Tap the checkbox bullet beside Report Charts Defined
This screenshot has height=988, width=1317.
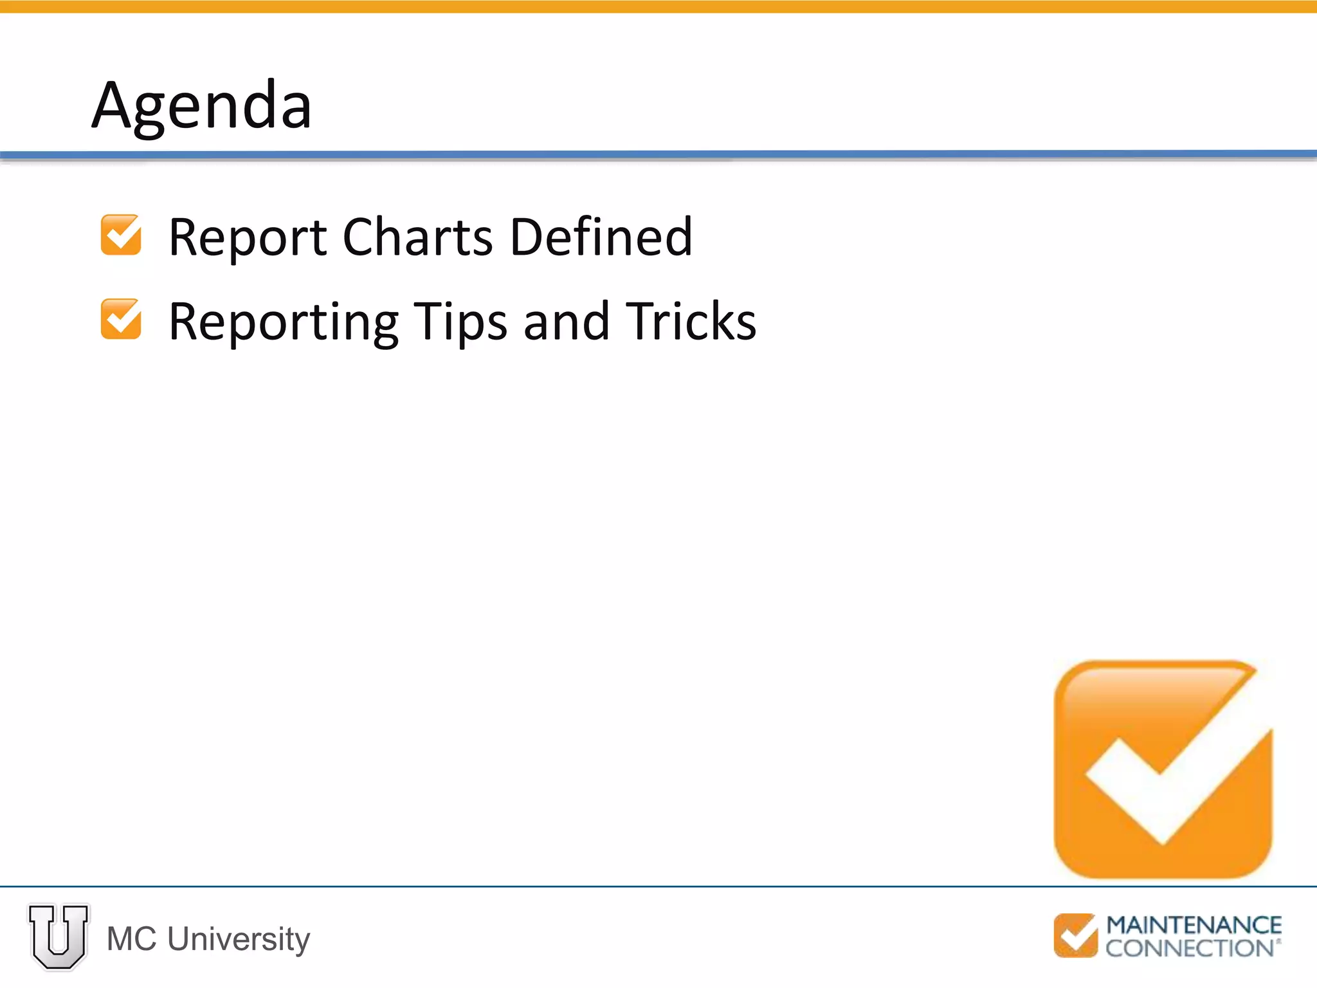pyautogui.click(x=121, y=235)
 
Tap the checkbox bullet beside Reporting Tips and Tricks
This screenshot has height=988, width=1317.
pyautogui.click(x=121, y=319)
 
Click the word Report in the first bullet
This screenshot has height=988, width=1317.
pyautogui.click(x=248, y=238)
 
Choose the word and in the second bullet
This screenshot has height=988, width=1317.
pyautogui.click(x=566, y=321)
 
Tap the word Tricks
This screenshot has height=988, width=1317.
pyautogui.click(x=691, y=321)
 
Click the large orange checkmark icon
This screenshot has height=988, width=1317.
pyautogui.click(x=1163, y=769)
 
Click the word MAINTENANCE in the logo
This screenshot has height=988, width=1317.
pyautogui.click(x=1194, y=925)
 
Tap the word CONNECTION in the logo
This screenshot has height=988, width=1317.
pyautogui.click(x=1190, y=948)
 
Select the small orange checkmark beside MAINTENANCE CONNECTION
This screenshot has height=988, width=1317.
pyautogui.click(x=1075, y=935)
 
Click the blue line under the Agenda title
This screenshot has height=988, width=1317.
pyautogui.click(x=658, y=154)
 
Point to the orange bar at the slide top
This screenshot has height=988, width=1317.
pyautogui.click(x=658, y=6)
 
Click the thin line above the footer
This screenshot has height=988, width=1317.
pyautogui.click(x=658, y=886)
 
